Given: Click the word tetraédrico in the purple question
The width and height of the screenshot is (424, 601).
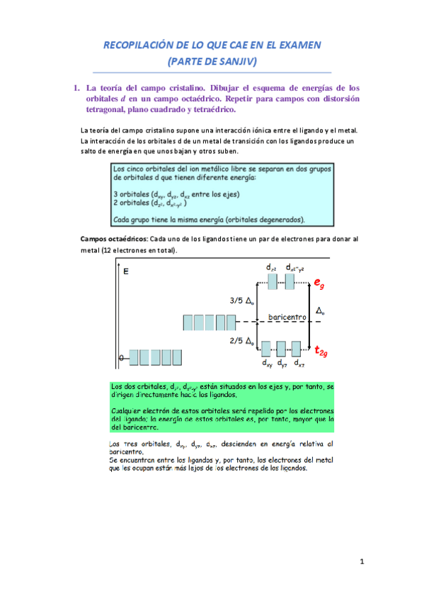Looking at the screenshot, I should (x=208, y=109).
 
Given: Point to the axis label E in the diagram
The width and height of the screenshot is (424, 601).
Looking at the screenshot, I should (x=126, y=271).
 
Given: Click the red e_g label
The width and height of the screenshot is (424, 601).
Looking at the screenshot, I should (x=320, y=283).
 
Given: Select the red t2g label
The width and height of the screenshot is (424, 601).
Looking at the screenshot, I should (x=321, y=351).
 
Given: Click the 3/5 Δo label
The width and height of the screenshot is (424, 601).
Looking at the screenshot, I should (x=243, y=300).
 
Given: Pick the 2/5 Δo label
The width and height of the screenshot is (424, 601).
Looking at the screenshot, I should (x=243, y=340).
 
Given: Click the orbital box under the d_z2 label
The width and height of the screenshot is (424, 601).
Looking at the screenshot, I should (x=272, y=281).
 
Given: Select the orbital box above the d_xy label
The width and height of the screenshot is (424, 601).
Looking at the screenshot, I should (x=267, y=349).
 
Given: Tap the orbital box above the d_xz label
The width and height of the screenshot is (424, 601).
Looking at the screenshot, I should (x=297, y=349).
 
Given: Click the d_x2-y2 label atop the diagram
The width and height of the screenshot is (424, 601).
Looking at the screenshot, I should (x=296, y=267).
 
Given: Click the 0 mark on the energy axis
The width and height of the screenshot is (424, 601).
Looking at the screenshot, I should (x=121, y=358).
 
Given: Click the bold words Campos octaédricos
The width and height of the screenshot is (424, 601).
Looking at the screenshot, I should (x=114, y=240).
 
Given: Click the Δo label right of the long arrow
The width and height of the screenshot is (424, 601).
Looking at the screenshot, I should (x=320, y=311).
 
